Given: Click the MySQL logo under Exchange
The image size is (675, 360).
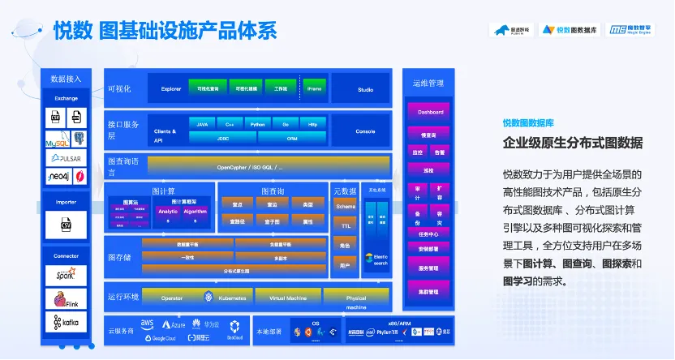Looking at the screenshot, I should pyautogui.click(x=57, y=139).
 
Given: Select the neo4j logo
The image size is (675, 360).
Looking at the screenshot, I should pyautogui.click(x=58, y=176).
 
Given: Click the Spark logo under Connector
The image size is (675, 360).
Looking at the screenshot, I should pyautogui.click(x=66, y=275).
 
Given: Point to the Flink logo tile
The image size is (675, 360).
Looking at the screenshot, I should pyautogui.click(x=66, y=298).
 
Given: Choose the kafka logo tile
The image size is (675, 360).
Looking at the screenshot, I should pyautogui.click(x=66, y=322).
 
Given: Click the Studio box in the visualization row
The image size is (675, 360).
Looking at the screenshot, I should pyautogui.click(x=365, y=89).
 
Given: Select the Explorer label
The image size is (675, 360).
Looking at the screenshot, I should pyautogui.click(x=170, y=88).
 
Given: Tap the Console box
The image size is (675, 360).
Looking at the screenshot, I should pyautogui.click(x=365, y=131).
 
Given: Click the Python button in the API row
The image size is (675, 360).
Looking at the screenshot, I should pyautogui.click(x=257, y=124).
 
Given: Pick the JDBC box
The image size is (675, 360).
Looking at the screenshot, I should pyautogui.click(x=222, y=137).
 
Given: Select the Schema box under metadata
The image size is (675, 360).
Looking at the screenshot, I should pyautogui.click(x=346, y=207).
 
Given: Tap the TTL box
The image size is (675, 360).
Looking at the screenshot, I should pyautogui.click(x=346, y=226).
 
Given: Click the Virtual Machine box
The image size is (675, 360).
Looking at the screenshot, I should pyautogui.click(x=288, y=298).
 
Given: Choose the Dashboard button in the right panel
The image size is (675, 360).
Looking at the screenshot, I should pyautogui.click(x=430, y=112).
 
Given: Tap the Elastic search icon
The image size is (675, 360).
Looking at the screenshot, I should pyautogui.click(x=376, y=259).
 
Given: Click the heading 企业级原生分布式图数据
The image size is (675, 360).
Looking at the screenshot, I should pyautogui.click(x=573, y=144).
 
